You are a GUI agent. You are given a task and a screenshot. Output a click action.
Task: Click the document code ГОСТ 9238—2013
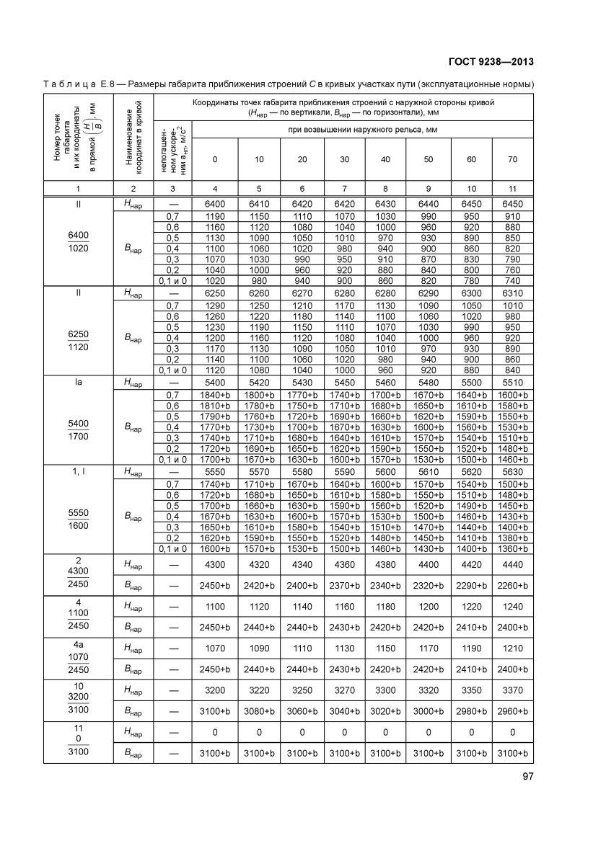491,61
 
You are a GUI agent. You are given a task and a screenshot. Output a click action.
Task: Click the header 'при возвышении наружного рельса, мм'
364,130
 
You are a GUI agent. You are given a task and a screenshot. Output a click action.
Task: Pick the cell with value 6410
258,205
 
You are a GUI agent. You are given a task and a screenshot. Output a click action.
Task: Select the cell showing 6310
512,294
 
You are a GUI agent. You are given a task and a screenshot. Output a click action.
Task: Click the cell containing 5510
512,383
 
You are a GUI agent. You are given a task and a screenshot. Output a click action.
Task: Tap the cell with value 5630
512,472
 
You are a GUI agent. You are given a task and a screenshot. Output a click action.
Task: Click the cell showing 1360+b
512,548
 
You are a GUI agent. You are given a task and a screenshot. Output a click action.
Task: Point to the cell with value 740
512,281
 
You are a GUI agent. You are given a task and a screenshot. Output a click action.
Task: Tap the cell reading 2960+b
512,711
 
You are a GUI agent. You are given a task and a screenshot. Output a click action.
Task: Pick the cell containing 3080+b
258,711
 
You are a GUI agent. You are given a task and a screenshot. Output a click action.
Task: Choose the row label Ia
78,383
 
